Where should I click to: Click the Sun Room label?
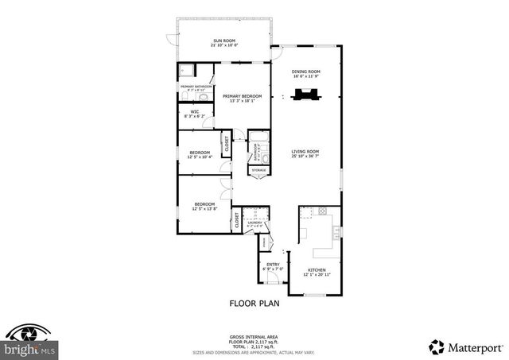tap(222, 43)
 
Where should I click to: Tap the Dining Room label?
tap(305, 74)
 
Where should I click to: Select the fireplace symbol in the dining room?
tap(305, 96)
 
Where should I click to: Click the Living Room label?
tap(305, 153)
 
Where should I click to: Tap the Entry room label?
tap(272, 266)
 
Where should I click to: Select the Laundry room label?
tap(254, 225)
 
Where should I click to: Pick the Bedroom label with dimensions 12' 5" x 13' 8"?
tap(205, 207)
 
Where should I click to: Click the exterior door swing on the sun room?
tap(171, 37)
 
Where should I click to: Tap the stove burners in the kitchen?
tap(323, 211)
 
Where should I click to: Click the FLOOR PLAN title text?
tap(254, 303)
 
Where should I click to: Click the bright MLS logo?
tap(29, 342)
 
